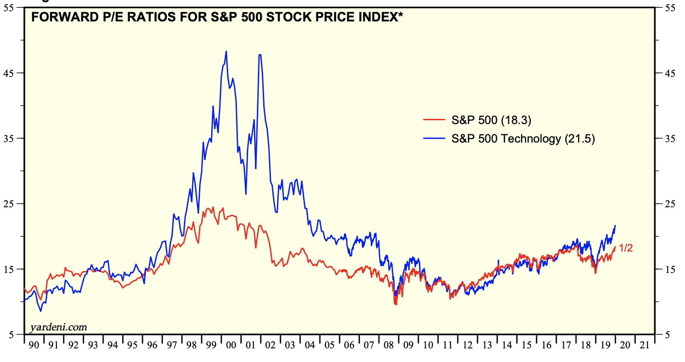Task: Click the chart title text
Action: click(216, 18)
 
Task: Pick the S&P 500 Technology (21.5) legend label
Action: click(523, 139)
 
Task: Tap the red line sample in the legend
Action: click(434, 121)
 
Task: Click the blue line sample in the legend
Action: click(434, 139)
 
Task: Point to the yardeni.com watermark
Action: click(58, 327)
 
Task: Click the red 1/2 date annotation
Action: click(626, 248)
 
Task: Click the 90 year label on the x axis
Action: click(34, 345)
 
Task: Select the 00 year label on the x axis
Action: click(231, 345)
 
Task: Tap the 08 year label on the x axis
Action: click(389, 345)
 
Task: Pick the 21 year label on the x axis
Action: click(645, 345)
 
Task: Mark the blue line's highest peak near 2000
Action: click(226, 51)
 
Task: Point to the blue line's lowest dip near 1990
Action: click(41, 311)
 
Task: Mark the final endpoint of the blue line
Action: click(615, 225)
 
